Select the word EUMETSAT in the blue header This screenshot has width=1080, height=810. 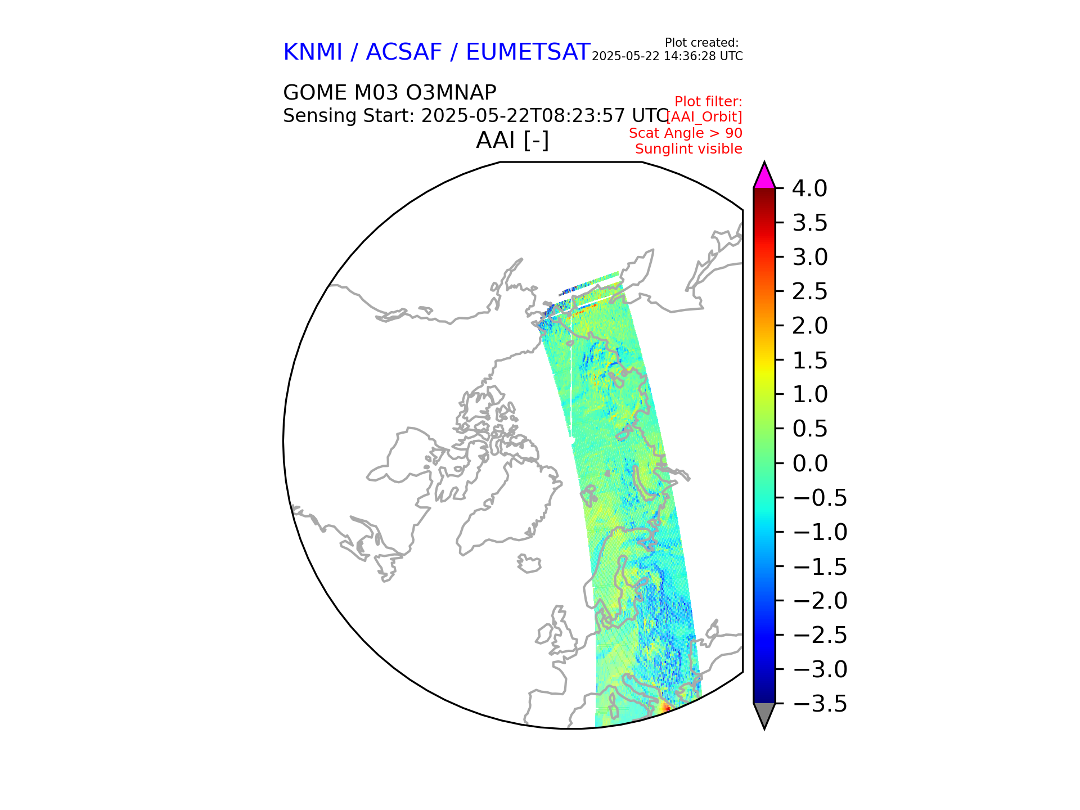(528, 52)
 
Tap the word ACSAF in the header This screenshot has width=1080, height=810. (404, 52)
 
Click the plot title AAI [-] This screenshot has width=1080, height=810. (512, 140)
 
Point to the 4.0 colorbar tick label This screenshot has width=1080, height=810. (809, 189)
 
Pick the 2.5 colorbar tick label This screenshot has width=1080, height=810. (809, 292)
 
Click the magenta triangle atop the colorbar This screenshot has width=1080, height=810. (764, 177)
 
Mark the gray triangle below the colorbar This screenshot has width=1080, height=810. (764, 714)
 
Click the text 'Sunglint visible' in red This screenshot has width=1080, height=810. (688, 149)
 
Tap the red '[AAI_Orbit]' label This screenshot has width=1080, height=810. (704, 117)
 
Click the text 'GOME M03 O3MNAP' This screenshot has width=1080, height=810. (389, 93)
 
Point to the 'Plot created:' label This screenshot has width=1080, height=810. (701, 43)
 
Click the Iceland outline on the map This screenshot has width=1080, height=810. (529, 564)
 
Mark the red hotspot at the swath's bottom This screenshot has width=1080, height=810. (665, 707)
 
